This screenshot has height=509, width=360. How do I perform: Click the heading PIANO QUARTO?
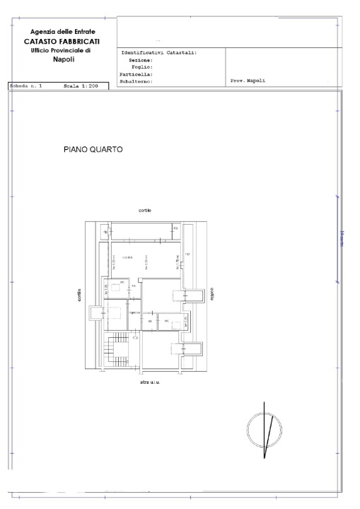pyautogui.click(x=94, y=150)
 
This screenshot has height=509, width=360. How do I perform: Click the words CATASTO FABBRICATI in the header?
pyautogui.click(x=62, y=42)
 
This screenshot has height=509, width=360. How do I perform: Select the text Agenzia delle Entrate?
pyautogui.click(x=62, y=32)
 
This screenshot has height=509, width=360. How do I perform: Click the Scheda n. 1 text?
pyautogui.click(x=26, y=86)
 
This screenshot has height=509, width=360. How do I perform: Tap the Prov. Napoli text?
pyautogui.click(x=247, y=81)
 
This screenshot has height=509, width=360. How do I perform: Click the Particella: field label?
pyautogui.click(x=138, y=74)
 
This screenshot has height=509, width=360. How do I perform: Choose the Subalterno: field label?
pyautogui.click(x=138, y=81)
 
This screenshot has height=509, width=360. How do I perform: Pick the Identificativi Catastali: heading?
pyautogui.click(x=159, y=52)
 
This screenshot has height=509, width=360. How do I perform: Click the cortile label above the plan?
pyautogui.click(x=145, y=211)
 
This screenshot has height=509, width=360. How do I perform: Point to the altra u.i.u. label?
pyautogui.click(x=149, y=382)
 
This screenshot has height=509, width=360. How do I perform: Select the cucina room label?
pyautogui.click(x=127, y=256)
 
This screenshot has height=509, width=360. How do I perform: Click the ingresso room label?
pyautogui.click(x=134, y=312)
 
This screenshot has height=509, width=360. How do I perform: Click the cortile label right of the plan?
pyautogui.click(x=210, y=294)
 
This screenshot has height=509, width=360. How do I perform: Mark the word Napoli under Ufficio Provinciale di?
pyautogui.click(x=62, y=59)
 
